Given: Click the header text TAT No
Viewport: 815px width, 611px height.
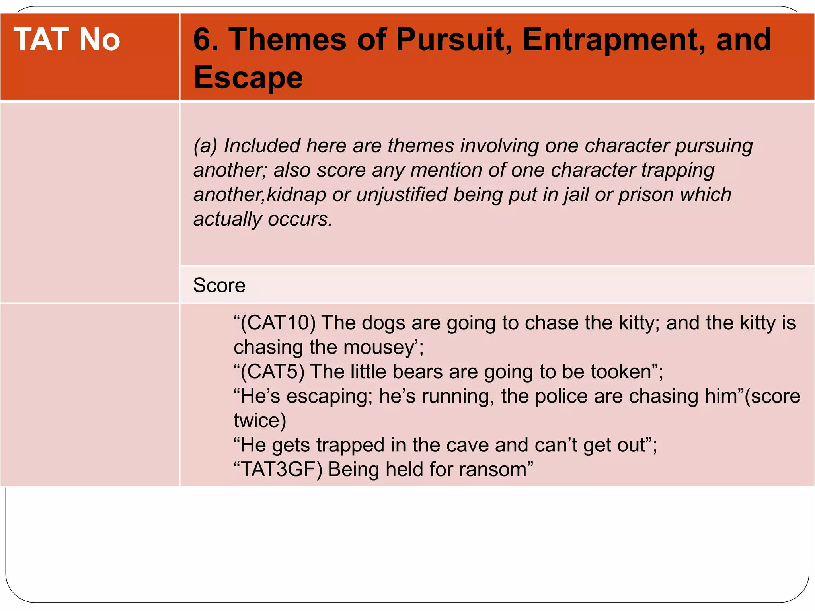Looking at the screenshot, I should pyautogui.click(x=66, y=39).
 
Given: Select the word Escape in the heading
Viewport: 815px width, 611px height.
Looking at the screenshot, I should pyautogui.click(x=248, y=77).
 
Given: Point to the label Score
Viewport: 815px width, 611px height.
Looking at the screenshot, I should pyautogui.click(x=219, y=285).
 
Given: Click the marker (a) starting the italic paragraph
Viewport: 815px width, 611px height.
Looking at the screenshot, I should pyautogui.click(x=205, y=146).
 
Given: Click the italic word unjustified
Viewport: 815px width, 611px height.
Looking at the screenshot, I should pyautogui.click(x=402, y=195).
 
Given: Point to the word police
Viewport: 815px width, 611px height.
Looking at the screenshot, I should pyautogui.click(x=562, y=396).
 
